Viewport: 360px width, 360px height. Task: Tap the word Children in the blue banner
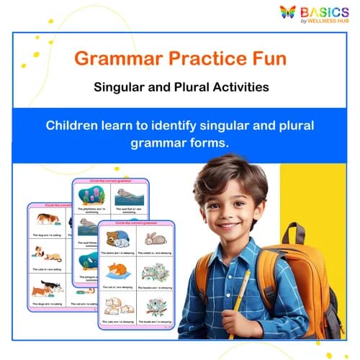75,125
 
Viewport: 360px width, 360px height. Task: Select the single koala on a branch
155,307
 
